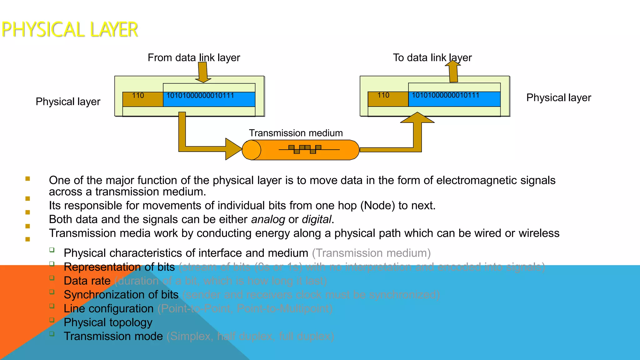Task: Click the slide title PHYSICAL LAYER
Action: [69, 30]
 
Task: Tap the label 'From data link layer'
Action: [194, 57]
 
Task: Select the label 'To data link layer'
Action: [432, 57]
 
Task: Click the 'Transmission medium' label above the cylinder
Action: [296, 133]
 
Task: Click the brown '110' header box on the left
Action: [142, 99]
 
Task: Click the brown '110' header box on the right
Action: [388, 99]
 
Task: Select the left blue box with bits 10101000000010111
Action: [209, 99]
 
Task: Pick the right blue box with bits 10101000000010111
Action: [454, 99]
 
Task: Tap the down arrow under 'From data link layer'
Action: [203, 72]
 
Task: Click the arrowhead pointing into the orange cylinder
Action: [233, 149]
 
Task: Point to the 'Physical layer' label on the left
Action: [68, 102]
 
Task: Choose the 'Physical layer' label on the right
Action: [558, 97]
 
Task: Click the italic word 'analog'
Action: [268, 219]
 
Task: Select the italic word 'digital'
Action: [316, 219]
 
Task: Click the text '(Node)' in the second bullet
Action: [377, 206]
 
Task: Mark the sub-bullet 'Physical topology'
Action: [108, 322]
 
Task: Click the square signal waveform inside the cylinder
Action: [305, 149]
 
